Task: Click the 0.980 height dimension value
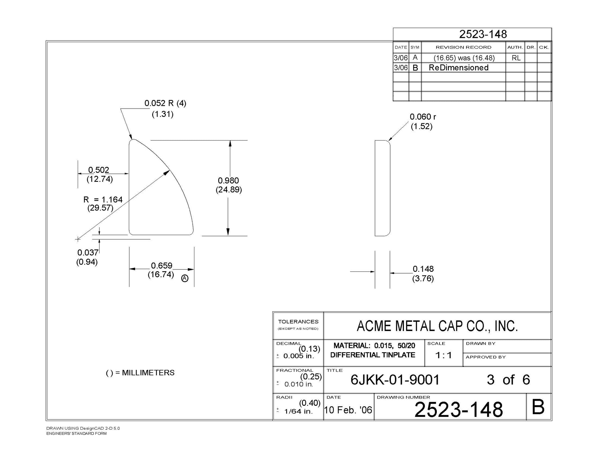[x=228, y=181]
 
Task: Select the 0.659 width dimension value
[x=161, y=266]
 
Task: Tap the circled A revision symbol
[x=185, y=278]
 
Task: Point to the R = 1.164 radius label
[x=103, y=199]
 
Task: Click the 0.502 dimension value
[x=99, y=170]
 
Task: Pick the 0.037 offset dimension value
[x=88, y=253]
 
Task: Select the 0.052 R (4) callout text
[x=165, y=103]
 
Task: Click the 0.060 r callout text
[x=423, y=117]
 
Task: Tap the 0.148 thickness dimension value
[x=423, y=269]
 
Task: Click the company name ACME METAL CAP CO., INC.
[x=437, y=326]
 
